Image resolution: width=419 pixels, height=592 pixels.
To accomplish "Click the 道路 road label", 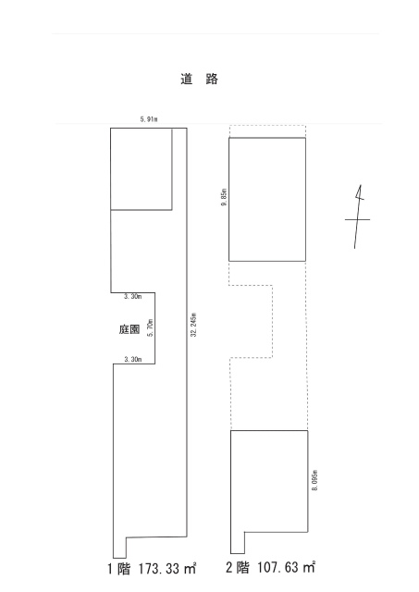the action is point(199,79).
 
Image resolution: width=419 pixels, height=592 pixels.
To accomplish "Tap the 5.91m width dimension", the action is point(149,119).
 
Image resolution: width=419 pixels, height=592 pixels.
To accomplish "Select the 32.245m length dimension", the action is point(193,325).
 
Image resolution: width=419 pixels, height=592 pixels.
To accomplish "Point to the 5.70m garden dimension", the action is point(150,327).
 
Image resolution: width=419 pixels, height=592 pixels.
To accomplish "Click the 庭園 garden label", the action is point(129,329).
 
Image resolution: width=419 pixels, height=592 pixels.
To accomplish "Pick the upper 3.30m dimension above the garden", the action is point(133,296).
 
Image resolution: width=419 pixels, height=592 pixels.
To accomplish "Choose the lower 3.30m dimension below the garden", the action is point(133,360).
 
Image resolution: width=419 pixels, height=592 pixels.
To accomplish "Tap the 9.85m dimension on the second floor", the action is point(224,197).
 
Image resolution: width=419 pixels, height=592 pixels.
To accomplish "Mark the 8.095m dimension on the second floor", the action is point(314,480).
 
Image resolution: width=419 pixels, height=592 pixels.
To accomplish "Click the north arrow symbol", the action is point(357,216).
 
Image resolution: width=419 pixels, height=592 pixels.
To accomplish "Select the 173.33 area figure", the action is point(160,569).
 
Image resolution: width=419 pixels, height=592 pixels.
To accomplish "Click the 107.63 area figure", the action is point(278,567).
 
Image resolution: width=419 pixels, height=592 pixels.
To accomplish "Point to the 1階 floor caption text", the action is point(118,569).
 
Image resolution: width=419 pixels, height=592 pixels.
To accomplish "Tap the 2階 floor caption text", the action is point(238,567).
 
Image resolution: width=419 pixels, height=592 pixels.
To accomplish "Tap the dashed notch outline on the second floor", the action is point(273,321).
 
